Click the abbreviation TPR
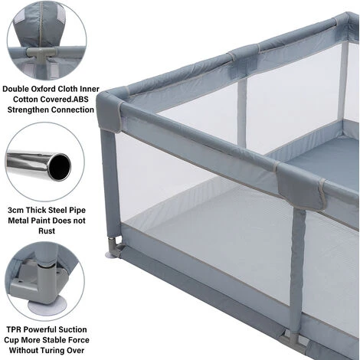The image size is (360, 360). (x=16, y=329)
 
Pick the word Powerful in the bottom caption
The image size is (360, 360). (x=46, y=329)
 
